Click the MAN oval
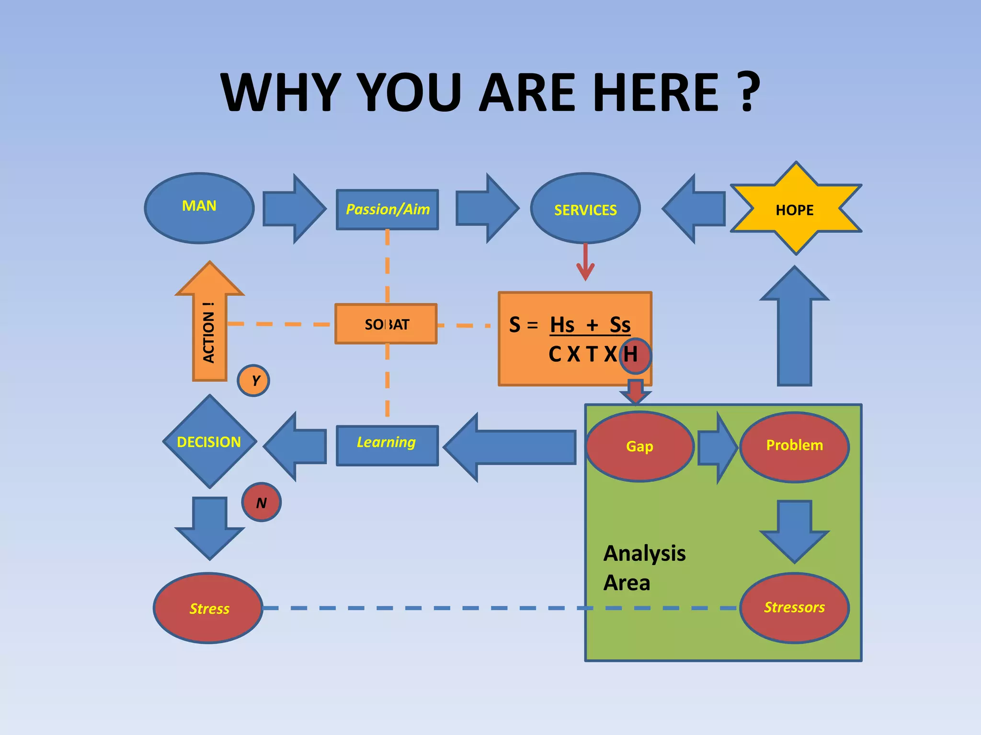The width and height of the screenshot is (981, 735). click(199, 208)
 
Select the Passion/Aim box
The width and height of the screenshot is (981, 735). click(387, 210)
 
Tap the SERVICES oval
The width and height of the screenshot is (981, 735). click(585, 209)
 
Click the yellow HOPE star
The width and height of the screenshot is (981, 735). click(795, 209)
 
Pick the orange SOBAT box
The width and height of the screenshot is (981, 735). click(386, 324)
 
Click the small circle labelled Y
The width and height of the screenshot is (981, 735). click(253, 380)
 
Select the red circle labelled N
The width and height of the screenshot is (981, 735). click(261, 502)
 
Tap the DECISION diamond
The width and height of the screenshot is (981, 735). click(209, 441)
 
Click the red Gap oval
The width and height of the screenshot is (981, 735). click(640, 446)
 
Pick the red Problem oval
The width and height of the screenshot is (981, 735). click(794, 446)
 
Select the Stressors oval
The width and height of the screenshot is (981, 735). click(794, 608)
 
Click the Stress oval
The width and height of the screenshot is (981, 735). click(208, 608)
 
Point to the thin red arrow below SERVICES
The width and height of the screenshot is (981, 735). click(585, 263)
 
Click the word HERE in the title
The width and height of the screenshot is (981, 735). click(656, 92)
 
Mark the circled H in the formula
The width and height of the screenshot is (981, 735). click(635, 355)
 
